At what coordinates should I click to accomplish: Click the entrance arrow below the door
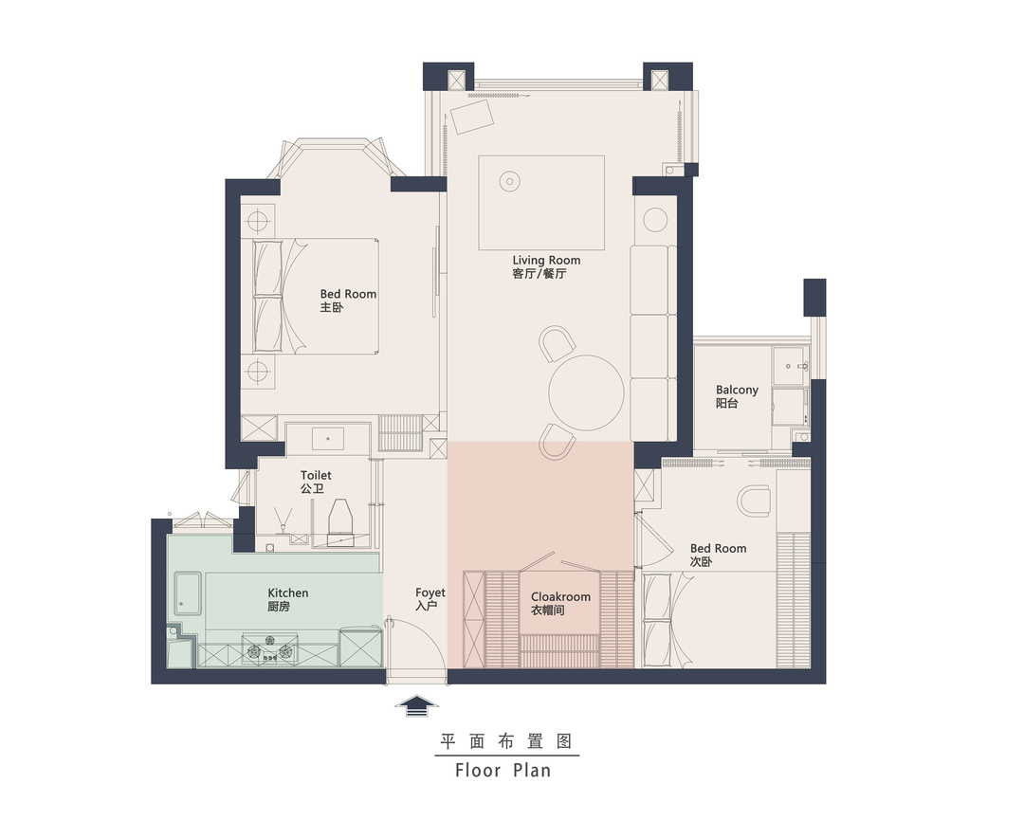[416, 705]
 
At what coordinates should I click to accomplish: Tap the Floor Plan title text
[503, 771]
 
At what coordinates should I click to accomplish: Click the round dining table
[586, 392]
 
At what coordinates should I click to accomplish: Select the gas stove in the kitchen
[269, 648]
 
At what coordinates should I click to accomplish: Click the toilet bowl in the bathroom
[341, 519]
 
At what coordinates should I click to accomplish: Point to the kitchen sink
[188, 593]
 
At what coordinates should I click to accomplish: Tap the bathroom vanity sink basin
[327, 438]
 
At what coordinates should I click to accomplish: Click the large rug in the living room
[540, 202]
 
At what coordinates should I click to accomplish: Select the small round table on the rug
[509, 181]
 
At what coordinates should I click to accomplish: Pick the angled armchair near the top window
[471, 117]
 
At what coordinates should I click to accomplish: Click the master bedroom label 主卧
[331, 307]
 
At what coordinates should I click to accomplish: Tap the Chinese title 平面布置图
[506, 741]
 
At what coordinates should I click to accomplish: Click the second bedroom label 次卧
[701, 562]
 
